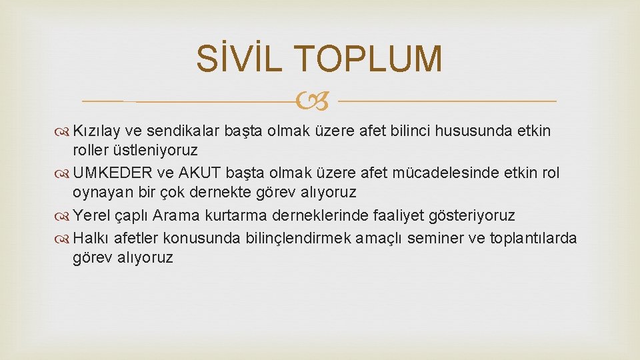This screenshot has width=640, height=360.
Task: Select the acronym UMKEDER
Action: [114, 173]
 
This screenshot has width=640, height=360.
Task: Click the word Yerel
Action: [91, 215]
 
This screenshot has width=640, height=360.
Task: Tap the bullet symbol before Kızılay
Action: [64, 131]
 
